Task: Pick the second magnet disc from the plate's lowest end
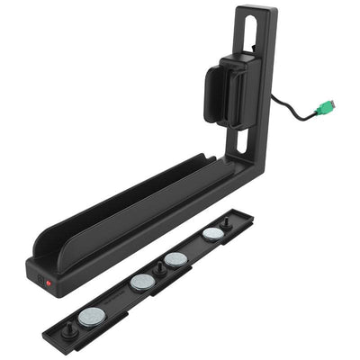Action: tap(141, 283)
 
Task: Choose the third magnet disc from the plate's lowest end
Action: tap(175, 259)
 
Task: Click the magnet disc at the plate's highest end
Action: tap(213, 233)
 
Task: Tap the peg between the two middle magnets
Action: tap(159, 267)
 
